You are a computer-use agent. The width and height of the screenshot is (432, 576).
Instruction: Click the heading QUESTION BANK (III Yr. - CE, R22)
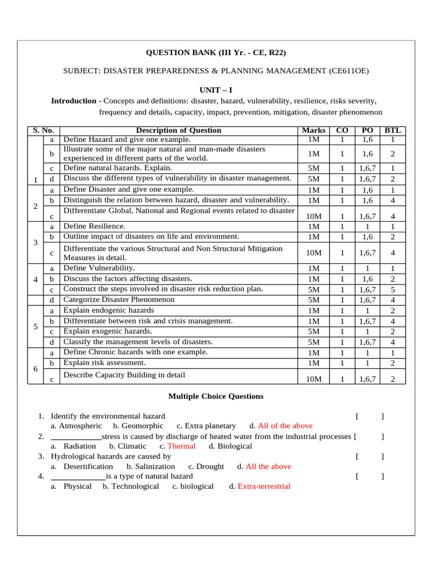[216, 53]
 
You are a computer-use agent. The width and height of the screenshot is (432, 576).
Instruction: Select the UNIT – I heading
[216, 90]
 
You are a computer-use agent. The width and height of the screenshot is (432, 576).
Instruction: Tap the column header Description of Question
[178, 130]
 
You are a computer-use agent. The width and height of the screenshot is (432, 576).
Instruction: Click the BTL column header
[393, 130]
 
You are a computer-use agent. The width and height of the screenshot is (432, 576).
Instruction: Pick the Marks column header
[313, 130]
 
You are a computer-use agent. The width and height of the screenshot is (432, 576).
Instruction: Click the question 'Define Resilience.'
[94, 226]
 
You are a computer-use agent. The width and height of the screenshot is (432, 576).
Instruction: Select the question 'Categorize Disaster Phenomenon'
[119, 300]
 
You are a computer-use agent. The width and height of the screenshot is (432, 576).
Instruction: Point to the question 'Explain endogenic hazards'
[108, 310]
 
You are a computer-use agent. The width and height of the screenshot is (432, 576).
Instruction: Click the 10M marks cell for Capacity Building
[313, 379]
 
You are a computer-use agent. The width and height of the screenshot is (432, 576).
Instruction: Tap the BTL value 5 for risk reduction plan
[393, 290]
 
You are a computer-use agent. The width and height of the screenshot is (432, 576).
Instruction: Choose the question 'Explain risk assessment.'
[104, 363]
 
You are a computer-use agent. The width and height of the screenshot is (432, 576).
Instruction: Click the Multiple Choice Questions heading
[216, 397]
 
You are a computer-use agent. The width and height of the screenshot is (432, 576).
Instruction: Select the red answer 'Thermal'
[181, 446]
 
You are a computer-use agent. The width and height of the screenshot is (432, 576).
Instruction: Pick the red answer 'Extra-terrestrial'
[264, 486]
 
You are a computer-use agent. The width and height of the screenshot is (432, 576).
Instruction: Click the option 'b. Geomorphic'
[138, 426]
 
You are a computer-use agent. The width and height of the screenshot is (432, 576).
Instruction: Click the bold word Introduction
[74, 101]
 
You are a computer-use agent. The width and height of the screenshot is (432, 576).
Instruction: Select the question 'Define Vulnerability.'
[98, 268]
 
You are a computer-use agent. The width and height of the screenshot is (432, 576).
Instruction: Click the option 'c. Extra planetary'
[206, 426]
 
